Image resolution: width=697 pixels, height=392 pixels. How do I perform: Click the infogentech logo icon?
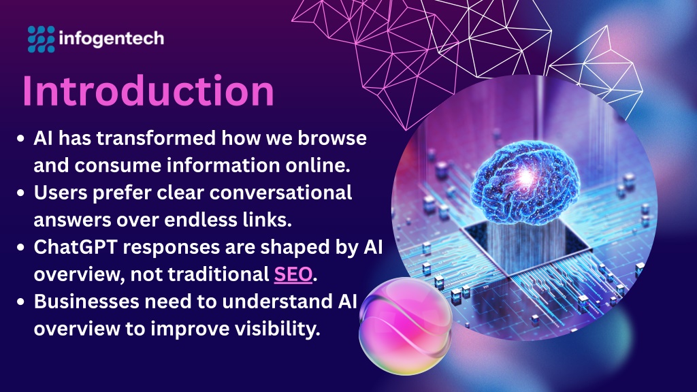pyautogui.click(x=42, y=39)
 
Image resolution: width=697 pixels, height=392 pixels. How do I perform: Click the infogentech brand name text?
pyautogui.click(x=112, y=39)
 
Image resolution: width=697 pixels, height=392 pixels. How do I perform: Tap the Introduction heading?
pyautogui.click(x=148, y=91)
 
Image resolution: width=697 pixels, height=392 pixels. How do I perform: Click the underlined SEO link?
pyautogui.click(x=293, y=274)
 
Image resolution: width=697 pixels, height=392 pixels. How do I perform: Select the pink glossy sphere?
pyautogui.click(x=406, y=326)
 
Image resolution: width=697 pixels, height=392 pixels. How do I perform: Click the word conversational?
pyautogui.click(x=281, y=193)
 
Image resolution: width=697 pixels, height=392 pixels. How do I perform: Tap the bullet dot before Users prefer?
pyautogui.click(x=20, y=193)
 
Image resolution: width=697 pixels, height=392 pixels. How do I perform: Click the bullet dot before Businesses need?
pyautogui.click(x=20, y=301)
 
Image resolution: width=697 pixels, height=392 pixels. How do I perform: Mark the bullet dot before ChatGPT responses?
pyautogui.click(x=20, y=248)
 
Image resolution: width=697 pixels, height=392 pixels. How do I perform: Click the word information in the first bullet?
pyautogui.click(x=223, y=165)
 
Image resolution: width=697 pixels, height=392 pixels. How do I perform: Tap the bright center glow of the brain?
pyautogui.click(x=526, y=177)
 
